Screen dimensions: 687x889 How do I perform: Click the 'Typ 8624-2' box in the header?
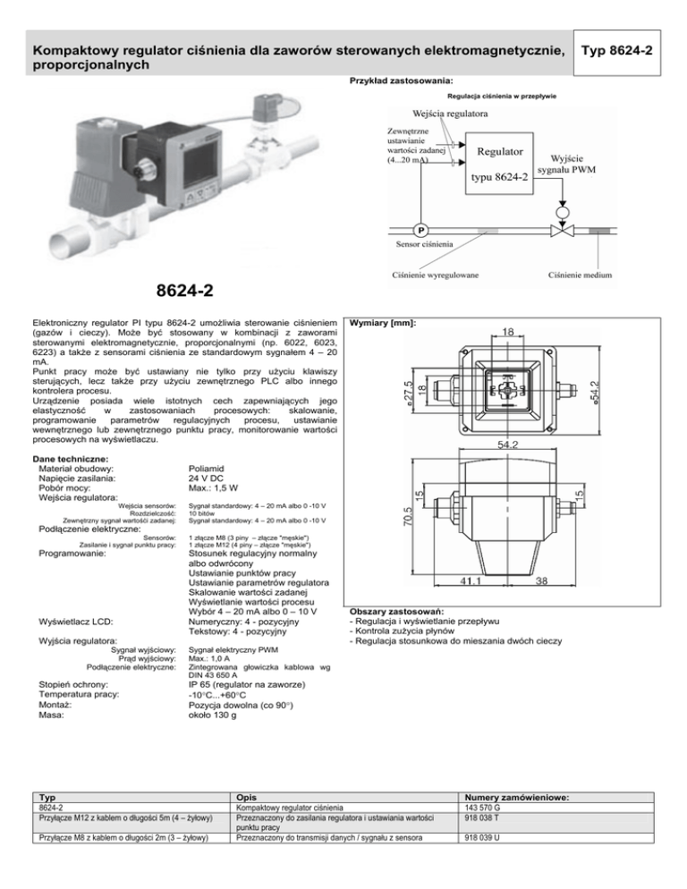click(616, 52)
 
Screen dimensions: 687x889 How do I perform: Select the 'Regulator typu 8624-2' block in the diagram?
click(499, 164)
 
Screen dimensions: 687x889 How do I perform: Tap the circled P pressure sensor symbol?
click(421, 230)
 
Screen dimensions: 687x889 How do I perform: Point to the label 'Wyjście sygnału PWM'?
click(566, 164)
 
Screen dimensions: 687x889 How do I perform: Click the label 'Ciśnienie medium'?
click(580, 275)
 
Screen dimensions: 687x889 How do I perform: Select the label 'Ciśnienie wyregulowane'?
click(435, 275)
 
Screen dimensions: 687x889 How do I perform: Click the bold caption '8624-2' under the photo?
click(185, 291)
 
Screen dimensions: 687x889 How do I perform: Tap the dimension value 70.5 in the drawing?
click(407, 517)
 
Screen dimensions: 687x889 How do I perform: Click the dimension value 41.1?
click(471, 580)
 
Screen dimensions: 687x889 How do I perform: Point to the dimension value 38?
click(542, 580)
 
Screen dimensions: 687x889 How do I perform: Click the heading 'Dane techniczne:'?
click(71, 459)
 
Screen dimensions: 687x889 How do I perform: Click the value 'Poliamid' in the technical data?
click(206, 469)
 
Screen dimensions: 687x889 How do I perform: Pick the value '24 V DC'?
click(206, 478)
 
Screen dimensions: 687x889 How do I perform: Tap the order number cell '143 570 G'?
click(482, 808)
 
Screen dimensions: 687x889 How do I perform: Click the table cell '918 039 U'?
click(482, 837)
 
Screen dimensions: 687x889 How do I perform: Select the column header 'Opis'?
click(246, 797)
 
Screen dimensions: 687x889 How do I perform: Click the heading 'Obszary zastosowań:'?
click(396, 612)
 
